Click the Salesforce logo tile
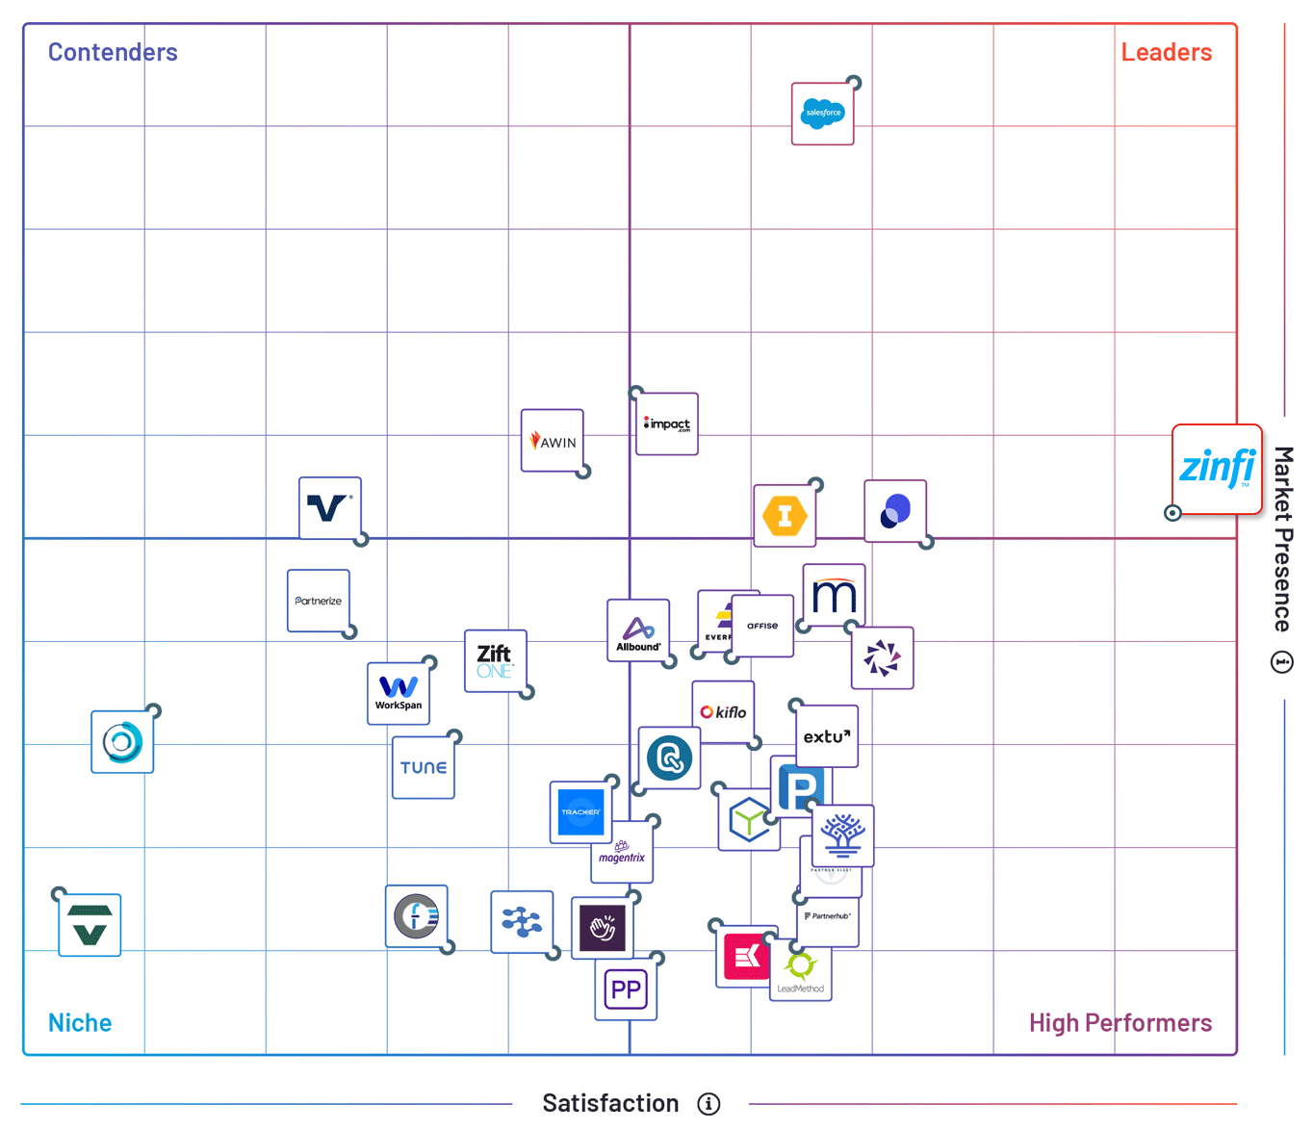coord(822,114)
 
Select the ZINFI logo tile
coord(1217,469)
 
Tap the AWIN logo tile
coord(552,441)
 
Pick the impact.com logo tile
coord(667,424)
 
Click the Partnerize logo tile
coord(318,601)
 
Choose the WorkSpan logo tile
coord(398,693)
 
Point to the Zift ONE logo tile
coord(495,660)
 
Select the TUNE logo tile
coord(423,767)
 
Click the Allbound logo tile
coord(637,630)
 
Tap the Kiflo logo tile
coord(723,712)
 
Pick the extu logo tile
coord(827,736)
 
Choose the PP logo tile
coord(626,989)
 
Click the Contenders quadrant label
coord(113,52)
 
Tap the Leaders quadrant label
coord(1166,52)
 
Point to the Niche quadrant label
coord(80,1022)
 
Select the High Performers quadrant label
coord(1120,1022)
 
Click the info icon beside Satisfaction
coord(709,1104)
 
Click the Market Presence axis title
coord(1282,539)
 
